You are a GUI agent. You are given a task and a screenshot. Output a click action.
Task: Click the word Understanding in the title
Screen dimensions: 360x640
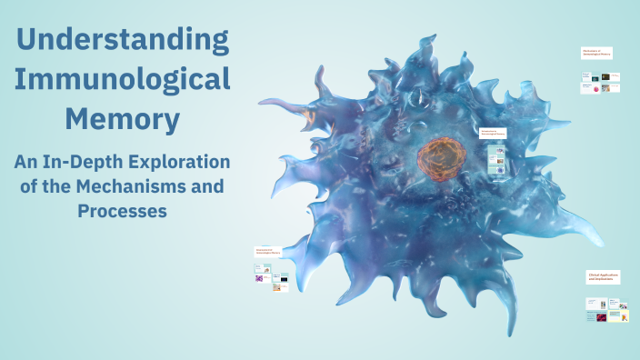point(123,40)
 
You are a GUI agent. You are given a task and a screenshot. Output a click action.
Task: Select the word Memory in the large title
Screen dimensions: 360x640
point(123,118)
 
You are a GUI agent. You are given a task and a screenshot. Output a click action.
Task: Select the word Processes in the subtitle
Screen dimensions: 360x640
point(123,211)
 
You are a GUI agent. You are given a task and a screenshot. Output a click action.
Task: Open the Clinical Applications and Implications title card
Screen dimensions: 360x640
point(604,276)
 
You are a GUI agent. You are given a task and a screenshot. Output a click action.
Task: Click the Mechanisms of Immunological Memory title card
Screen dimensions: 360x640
point(597,54)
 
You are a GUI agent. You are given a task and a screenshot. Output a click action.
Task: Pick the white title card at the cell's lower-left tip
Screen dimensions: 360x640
point(270,251)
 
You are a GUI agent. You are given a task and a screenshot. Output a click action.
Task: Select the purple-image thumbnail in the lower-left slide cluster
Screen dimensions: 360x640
point(260,279)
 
